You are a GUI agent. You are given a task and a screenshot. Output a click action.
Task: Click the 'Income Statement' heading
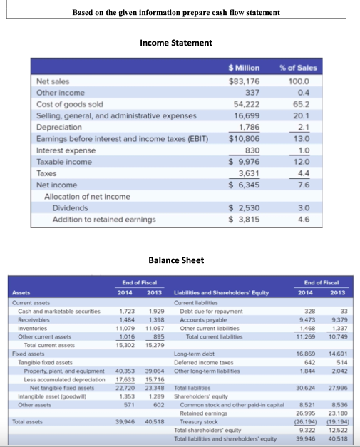pos(176,43)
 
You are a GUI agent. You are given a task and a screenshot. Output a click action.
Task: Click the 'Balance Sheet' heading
pos(175,260)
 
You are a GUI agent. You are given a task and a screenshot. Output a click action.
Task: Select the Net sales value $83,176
pos(242,81)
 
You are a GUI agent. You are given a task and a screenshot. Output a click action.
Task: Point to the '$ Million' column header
pos(243,68)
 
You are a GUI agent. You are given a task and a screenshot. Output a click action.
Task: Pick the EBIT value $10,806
pos(243,139)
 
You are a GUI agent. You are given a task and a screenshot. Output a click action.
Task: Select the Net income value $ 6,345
pos(243,185)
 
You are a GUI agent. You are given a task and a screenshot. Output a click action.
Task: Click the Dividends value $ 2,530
pos(243,207)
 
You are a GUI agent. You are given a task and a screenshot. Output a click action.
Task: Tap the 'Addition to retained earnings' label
pos(104,219)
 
